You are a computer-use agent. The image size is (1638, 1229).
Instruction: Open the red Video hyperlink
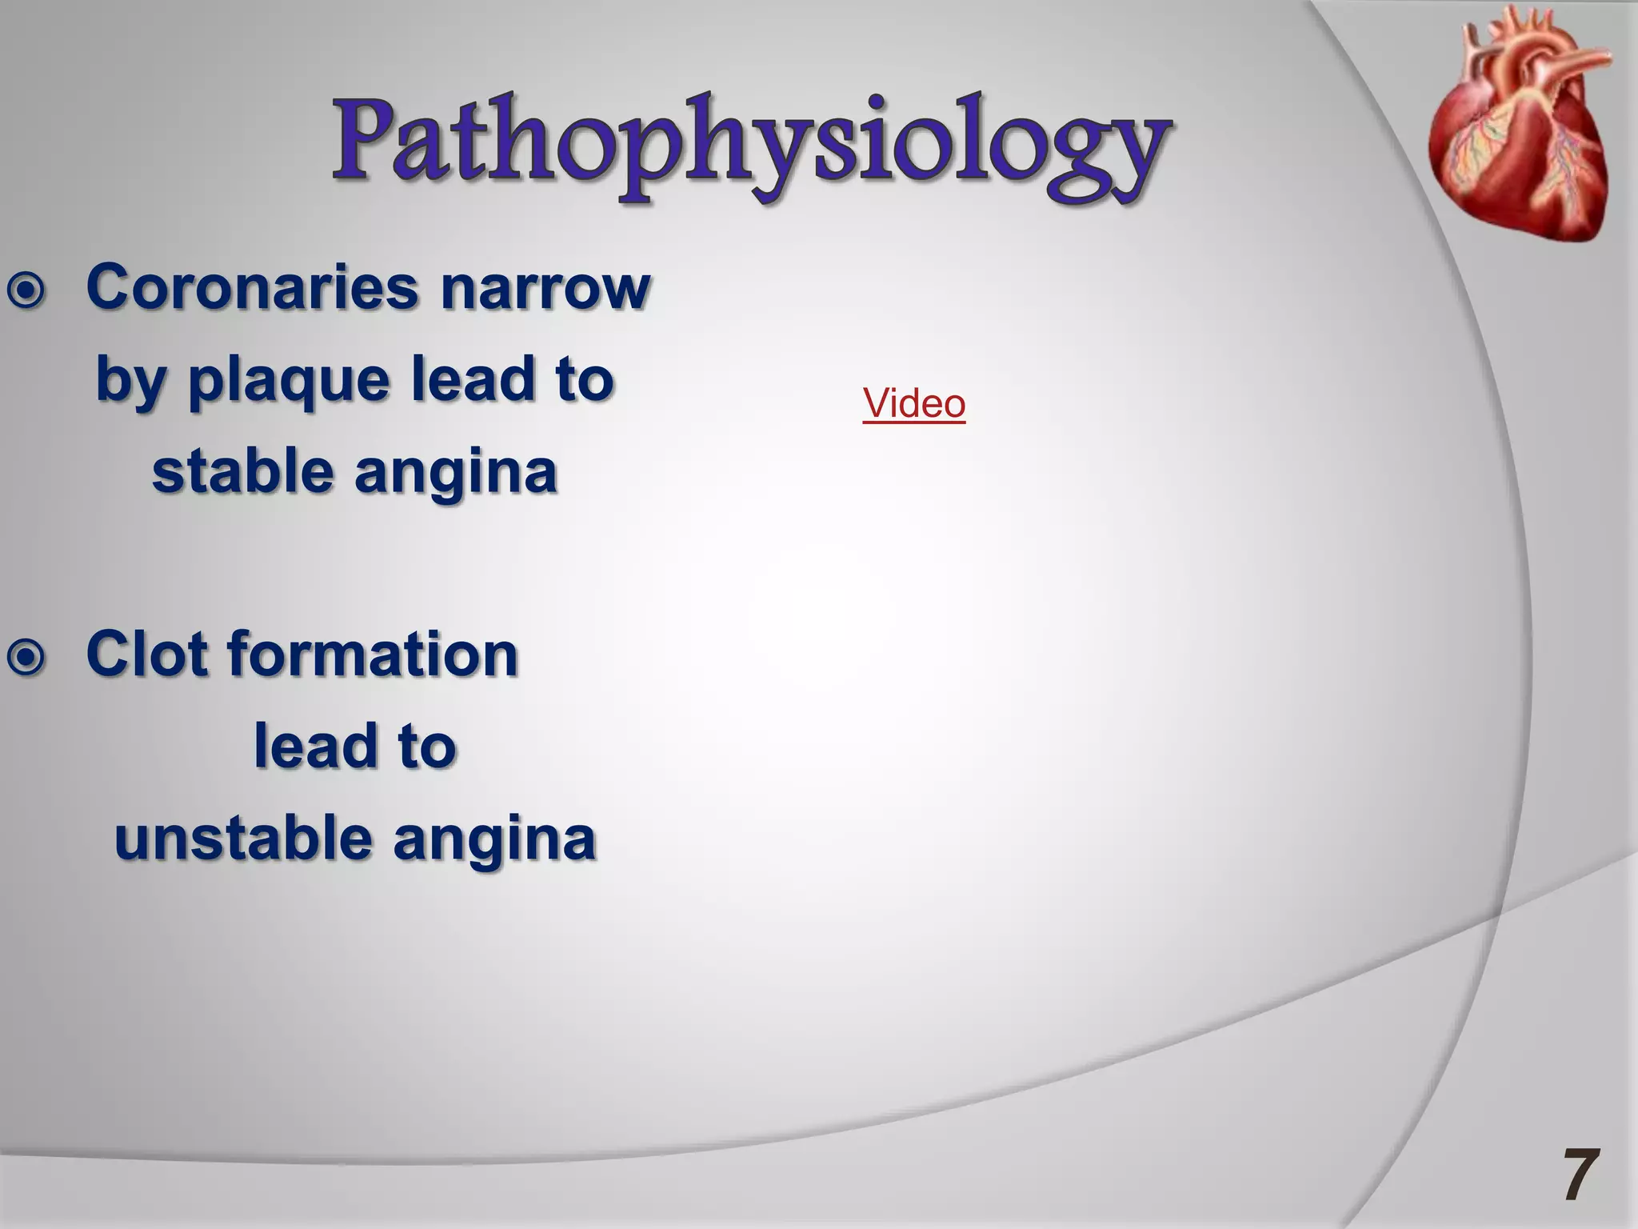[913, 403]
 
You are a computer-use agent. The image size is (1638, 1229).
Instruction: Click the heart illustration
[1520, 128]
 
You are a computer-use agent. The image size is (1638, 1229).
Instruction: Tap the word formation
[374, 654]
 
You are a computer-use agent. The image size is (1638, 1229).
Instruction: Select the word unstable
[243, 839]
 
